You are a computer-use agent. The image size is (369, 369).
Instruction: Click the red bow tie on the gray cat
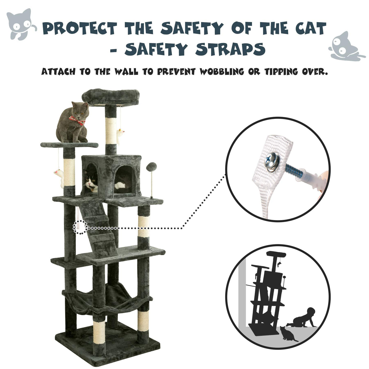point(77,120)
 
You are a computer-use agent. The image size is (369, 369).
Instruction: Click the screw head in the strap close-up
point(271,163)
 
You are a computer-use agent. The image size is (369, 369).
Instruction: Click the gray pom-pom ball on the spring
point(151,167)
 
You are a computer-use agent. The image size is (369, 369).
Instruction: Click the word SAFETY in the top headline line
point(192,28)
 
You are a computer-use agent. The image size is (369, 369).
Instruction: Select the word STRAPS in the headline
point(230,49)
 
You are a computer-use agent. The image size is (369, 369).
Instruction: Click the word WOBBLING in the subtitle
point(222,72)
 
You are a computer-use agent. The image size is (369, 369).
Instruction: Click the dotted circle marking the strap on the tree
point(80,227)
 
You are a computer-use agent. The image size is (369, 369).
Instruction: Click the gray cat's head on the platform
point(80,110)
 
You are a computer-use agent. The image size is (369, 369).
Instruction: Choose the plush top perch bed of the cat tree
point(111,97)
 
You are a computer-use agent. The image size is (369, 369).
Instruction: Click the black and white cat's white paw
point(120,185)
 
